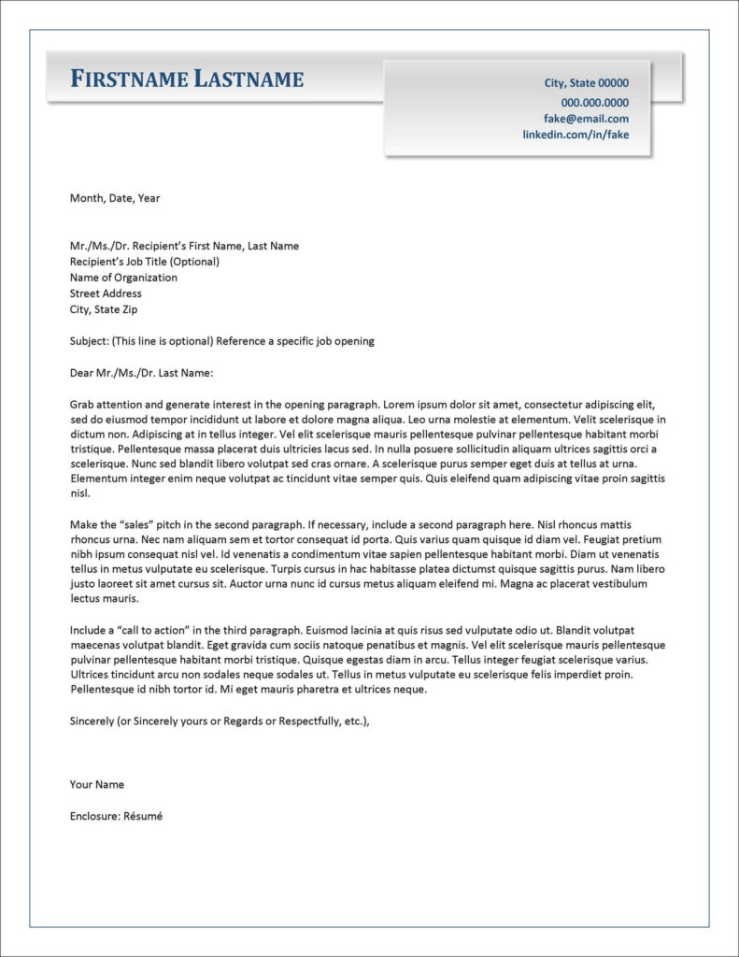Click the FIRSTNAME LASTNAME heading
pyautogui.click(x=187, y=79)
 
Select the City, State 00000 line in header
pyautogui.click(x=586, y=83)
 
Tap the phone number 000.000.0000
pyautogui.click(x=594, y=103)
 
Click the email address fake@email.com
pyautogui.click(x=586, y=119)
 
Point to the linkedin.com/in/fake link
pyautogui.click(x=575, y=135)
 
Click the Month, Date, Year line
pyautogui.click(x=115, y=198)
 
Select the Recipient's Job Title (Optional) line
pyautogui.click(x=144, y=262)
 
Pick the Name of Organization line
pyautogui.click(x=123, y=278)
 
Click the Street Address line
pyautogui.click(x=106, y=293)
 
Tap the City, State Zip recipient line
pyautogui.click(x=103, y=309)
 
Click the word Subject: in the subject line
pyautogui.click(x=89, y=341)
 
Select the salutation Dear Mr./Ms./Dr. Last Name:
pyautogui.click(x=142, y=373)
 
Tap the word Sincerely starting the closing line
pyautogui.click(x=92, y=721)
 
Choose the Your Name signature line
pyautogui.click(x=97, y=784)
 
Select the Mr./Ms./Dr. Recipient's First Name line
pyautogui.click(x=184, y=246)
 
